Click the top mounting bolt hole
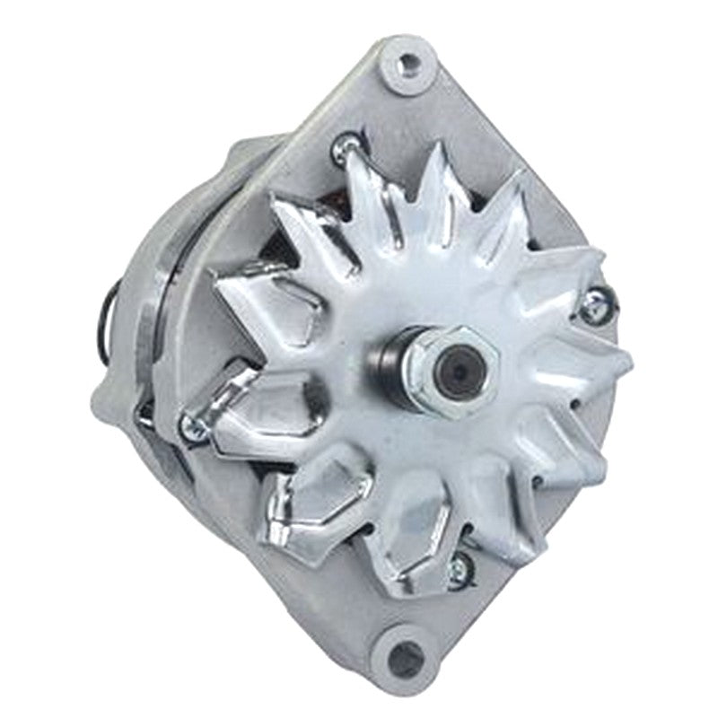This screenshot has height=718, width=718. tap(410, 62)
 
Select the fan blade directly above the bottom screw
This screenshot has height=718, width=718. tap(467, 512)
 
